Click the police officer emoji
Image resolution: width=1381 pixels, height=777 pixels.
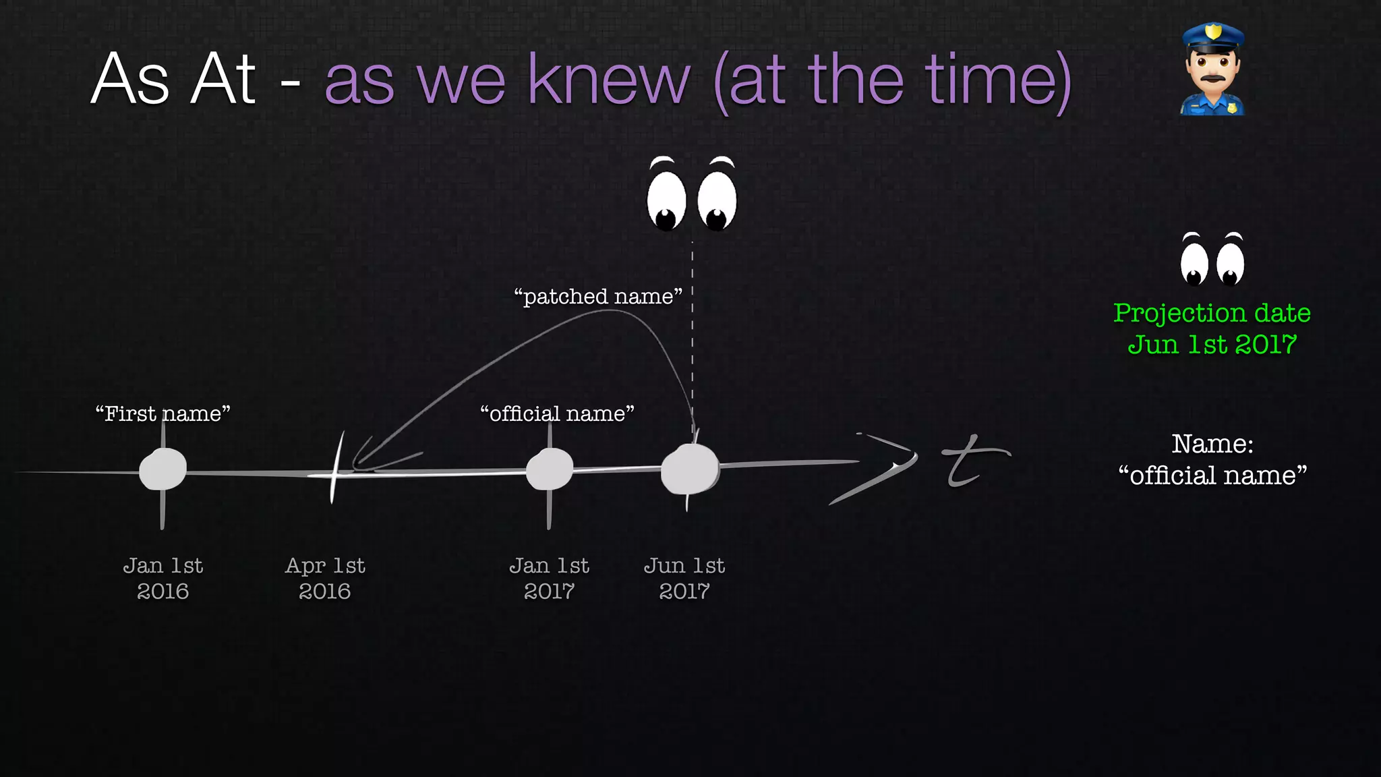click(x=1212, y=71)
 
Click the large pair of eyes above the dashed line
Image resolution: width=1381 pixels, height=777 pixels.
click(x=692, y=195)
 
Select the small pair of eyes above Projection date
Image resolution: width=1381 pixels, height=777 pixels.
click(x=1212, y=260)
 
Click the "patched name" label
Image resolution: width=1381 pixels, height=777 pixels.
click(x=598, y=296)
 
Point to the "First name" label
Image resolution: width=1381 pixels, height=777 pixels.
click(x=163, y=413)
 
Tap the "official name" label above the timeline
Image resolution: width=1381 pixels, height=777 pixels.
click(x=557, y=413)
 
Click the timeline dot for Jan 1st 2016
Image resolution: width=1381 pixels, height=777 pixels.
click(x=163, y=469)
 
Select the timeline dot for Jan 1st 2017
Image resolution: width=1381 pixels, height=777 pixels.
click(x=550, y=469)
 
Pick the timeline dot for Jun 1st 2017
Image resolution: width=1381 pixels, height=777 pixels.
click(x=690, y=469)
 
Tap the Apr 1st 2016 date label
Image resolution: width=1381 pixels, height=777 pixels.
click(x=325, y=578)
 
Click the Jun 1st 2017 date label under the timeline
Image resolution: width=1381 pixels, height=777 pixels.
click(x=684, y=578)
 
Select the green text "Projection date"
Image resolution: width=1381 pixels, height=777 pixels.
click(x=1212, y=313)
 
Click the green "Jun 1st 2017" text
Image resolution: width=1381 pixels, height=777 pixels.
click(x=1212, y=345)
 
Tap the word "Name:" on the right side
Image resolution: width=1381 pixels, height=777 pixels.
click(x=1212, y=444)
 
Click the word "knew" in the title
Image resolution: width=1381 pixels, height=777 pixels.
click(x=609, y=80)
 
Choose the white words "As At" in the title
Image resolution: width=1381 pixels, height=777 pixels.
click(x=173, y=80)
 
